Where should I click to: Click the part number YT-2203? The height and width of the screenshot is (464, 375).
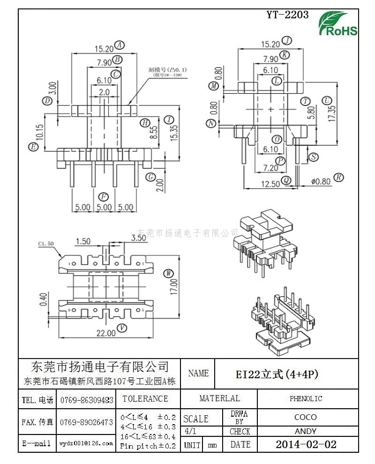[287, 15]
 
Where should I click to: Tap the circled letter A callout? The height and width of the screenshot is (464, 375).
[120, 45]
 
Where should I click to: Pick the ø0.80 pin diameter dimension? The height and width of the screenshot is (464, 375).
[321, 180]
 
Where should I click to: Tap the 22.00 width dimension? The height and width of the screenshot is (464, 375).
[106, 333]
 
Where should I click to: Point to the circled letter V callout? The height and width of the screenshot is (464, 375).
[122, 328]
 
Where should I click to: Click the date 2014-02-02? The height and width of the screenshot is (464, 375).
[306, 444]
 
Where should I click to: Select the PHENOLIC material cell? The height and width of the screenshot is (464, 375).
[306, 399]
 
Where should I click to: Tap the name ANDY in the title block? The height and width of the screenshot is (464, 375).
[305, 431]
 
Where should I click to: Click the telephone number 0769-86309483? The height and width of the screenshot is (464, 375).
[87, 400]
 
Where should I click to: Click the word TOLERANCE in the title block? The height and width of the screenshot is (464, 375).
[145, 399]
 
